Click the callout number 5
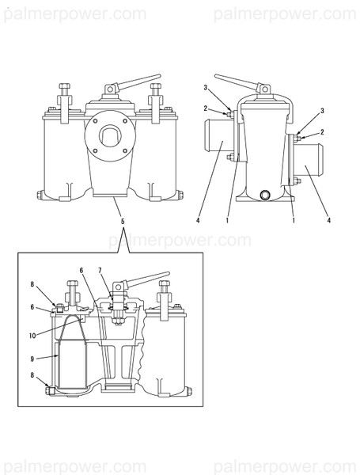[x=123, y=222]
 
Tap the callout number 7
[x=100, y=270]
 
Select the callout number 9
[x=32, y=359]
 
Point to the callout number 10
[x=32, y=336]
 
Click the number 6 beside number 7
[x=81, y=270]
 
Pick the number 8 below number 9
[x=32, y=375]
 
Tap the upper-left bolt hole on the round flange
[x=96, y=121]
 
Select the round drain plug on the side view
[x=266, y=194]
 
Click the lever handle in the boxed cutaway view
[x=146, y=279]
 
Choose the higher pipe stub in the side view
[x=219, y=135]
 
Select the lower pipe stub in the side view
[x=309, y=160]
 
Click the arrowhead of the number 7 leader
[x=114, y=300]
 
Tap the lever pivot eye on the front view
[x=110, y=89]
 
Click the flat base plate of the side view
[x=265, y=199]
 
